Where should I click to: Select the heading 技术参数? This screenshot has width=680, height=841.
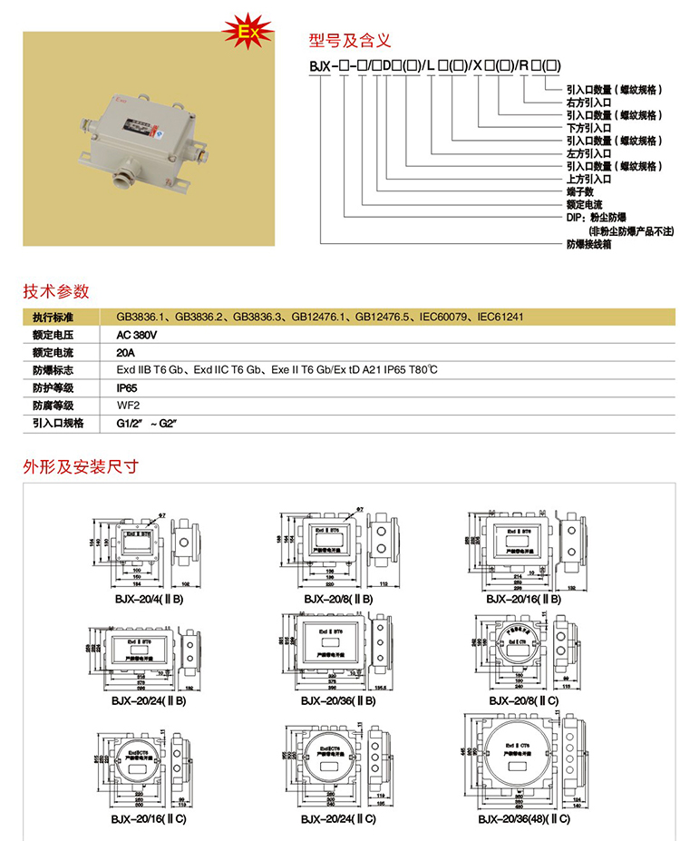pos(56,291)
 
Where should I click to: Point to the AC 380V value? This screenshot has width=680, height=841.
pos(137,335)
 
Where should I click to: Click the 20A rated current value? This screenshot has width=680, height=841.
pos(125,352)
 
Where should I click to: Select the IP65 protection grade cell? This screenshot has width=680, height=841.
pos(127,387)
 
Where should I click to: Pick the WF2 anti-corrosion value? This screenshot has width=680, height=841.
pos(126,405)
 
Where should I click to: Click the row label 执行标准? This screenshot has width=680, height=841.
pos(52,318)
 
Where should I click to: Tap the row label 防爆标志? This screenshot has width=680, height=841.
pos(52,370)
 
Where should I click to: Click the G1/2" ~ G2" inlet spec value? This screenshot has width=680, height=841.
pos(145,423)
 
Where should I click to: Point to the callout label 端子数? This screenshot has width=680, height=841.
pos(579,192)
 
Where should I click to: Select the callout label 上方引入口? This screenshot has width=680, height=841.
pos(589,180)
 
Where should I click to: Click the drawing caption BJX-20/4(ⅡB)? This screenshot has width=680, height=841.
pos(145,599)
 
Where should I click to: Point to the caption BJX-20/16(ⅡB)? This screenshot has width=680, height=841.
pos(523,599)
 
